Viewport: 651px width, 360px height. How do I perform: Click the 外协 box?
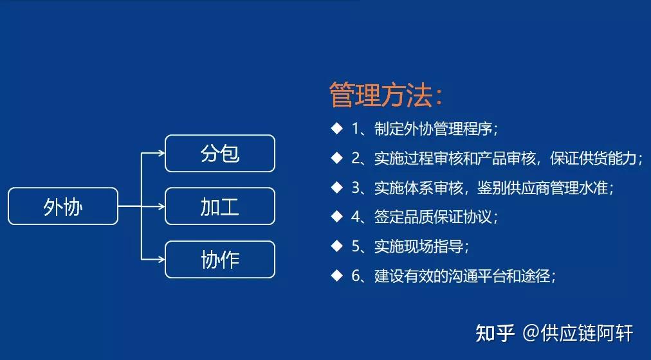click(63, 206)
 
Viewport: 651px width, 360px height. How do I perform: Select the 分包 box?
click(220, 154)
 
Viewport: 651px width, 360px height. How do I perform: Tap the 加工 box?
click(220, 206)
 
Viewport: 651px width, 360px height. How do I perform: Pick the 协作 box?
click(220, 260)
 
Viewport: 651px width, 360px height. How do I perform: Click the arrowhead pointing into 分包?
click(161, 154)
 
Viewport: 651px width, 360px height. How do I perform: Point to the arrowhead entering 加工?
click(161, 206)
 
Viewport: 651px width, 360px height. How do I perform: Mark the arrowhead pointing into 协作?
click(161, 260)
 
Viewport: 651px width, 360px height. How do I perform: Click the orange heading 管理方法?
click(386, 95)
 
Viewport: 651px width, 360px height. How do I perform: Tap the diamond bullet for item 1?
click(336, 129)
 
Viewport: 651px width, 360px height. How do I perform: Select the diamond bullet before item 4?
click(336, 217)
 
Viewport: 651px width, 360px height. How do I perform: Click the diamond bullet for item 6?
click(336, 275)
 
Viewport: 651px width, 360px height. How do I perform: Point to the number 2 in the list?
click(356, 158)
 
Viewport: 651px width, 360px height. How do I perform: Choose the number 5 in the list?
click(356, 246)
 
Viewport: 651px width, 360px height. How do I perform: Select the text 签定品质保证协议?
click(433, 217)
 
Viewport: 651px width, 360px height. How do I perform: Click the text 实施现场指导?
click(419, 246)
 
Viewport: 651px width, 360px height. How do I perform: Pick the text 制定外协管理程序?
click(433, 129)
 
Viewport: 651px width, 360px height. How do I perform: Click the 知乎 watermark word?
click(495, 334)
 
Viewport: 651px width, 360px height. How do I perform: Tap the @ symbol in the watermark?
click(531, 334)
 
